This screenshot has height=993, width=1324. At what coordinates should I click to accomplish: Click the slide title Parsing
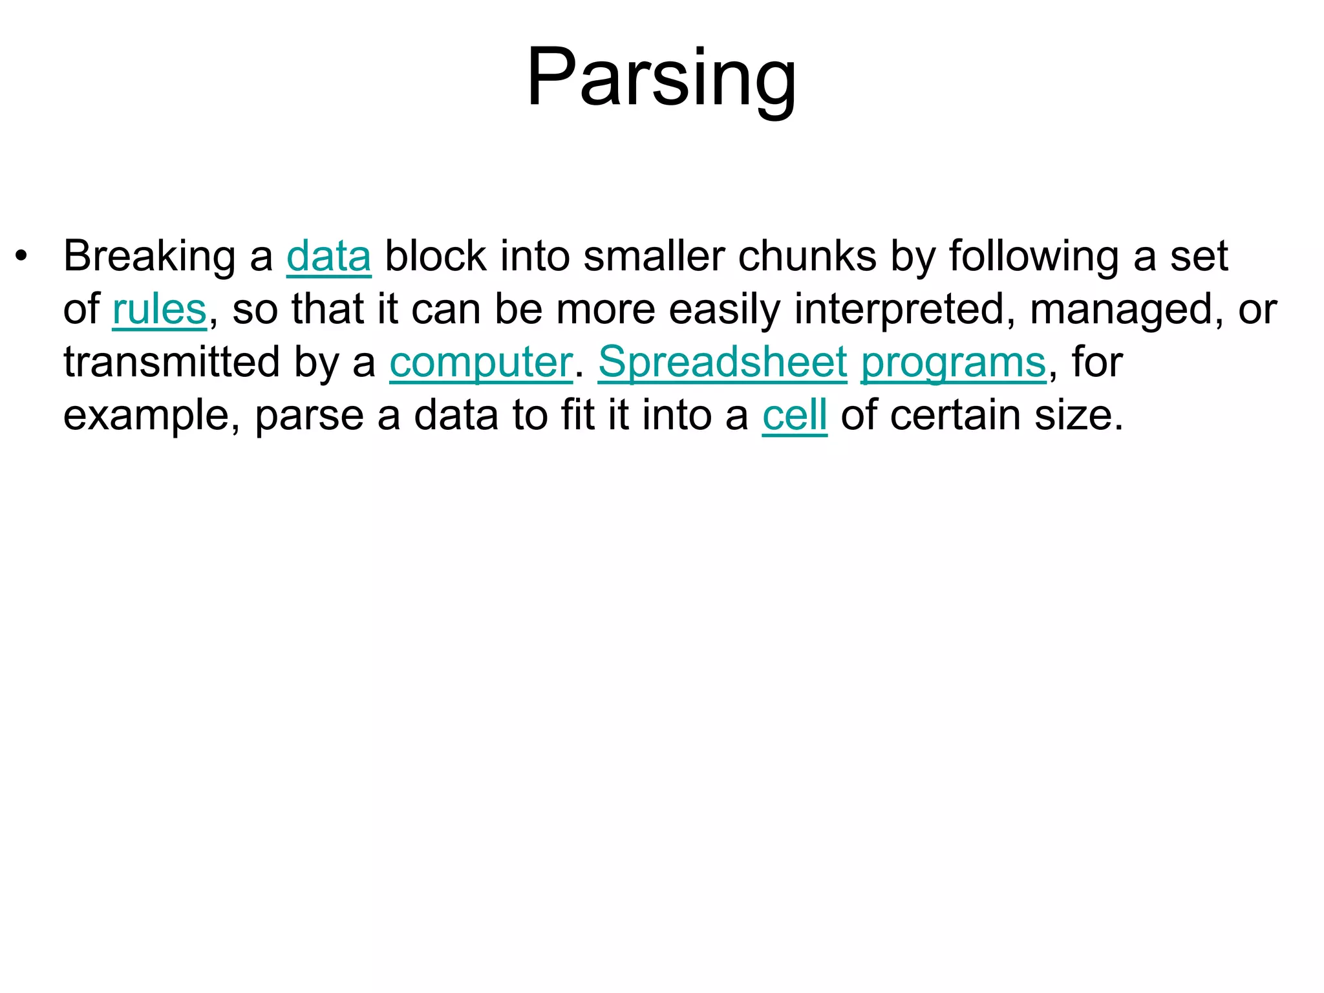coord(661,78)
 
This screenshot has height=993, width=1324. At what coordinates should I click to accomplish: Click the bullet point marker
coord(22,256)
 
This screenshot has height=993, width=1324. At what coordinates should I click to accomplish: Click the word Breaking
coord(149,257)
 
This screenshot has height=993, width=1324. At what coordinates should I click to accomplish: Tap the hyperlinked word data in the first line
coord(328,257)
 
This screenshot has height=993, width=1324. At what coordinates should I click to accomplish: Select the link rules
coord(159,310)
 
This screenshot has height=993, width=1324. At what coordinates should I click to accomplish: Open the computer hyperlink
coord(481,363)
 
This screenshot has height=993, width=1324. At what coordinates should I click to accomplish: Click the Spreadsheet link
coord(722,363)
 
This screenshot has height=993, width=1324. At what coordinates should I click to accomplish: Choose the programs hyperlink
coord(953,363)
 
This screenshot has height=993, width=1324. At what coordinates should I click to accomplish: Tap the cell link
coord(795,416)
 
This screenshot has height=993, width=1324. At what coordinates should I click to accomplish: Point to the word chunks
coord(807,257)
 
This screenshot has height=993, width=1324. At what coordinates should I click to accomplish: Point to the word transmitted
coord(172,363)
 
